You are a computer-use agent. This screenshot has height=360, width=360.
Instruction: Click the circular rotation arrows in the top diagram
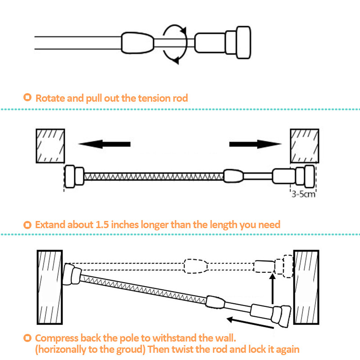(175, 43)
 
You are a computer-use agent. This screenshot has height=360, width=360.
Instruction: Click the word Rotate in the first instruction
(50, 98)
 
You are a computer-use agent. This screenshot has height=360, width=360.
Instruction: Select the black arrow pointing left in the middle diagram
(104, 144)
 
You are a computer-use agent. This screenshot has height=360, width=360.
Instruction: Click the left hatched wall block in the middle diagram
(51, 145)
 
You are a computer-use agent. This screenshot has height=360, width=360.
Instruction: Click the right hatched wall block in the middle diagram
(305, 145)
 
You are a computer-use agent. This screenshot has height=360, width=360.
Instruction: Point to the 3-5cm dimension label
(302, 195)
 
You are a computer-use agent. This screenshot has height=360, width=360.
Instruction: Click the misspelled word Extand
(50, 224)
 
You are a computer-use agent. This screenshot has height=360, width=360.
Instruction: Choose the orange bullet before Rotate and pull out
(28, 98)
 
